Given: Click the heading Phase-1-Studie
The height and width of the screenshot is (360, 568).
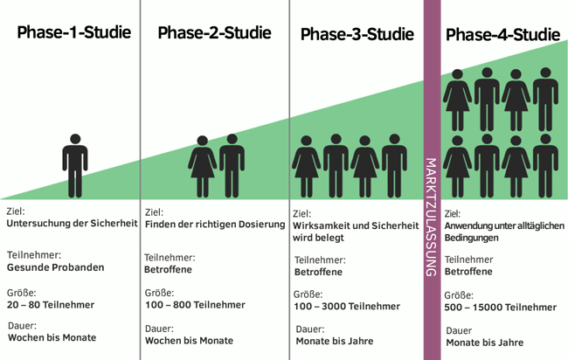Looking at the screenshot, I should coord(73,33).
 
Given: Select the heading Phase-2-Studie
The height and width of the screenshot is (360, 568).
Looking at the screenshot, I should coord(214,33).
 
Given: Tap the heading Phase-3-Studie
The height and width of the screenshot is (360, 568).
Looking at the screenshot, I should coord(357,35).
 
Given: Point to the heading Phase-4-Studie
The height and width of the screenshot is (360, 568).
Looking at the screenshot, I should coord(502,36).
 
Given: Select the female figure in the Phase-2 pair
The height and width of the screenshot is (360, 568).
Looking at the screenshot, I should coord(203,165).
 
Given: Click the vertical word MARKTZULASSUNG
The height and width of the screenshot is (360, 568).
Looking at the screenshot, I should coord(430,217).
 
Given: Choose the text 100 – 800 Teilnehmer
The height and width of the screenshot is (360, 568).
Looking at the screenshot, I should coord(195,306).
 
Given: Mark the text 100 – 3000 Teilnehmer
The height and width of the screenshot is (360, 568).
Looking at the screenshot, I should coord(347,307).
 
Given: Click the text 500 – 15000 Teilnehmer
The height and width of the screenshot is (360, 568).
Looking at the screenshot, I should coord(500,307).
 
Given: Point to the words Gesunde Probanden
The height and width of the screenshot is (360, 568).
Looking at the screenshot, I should coord(55,267).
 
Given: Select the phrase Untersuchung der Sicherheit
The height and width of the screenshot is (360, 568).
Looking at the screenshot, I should coord(73,223).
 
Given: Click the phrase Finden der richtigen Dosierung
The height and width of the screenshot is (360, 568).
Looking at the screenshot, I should coord(215,224).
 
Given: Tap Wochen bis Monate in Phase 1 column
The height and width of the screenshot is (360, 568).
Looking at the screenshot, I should coord(52,337).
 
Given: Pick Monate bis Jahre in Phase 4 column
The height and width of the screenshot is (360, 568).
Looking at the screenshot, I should coord(485,343).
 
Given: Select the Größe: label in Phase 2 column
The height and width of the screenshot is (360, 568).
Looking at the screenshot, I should coord(159,293).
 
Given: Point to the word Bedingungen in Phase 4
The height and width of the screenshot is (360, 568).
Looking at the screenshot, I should coord(472,238).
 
